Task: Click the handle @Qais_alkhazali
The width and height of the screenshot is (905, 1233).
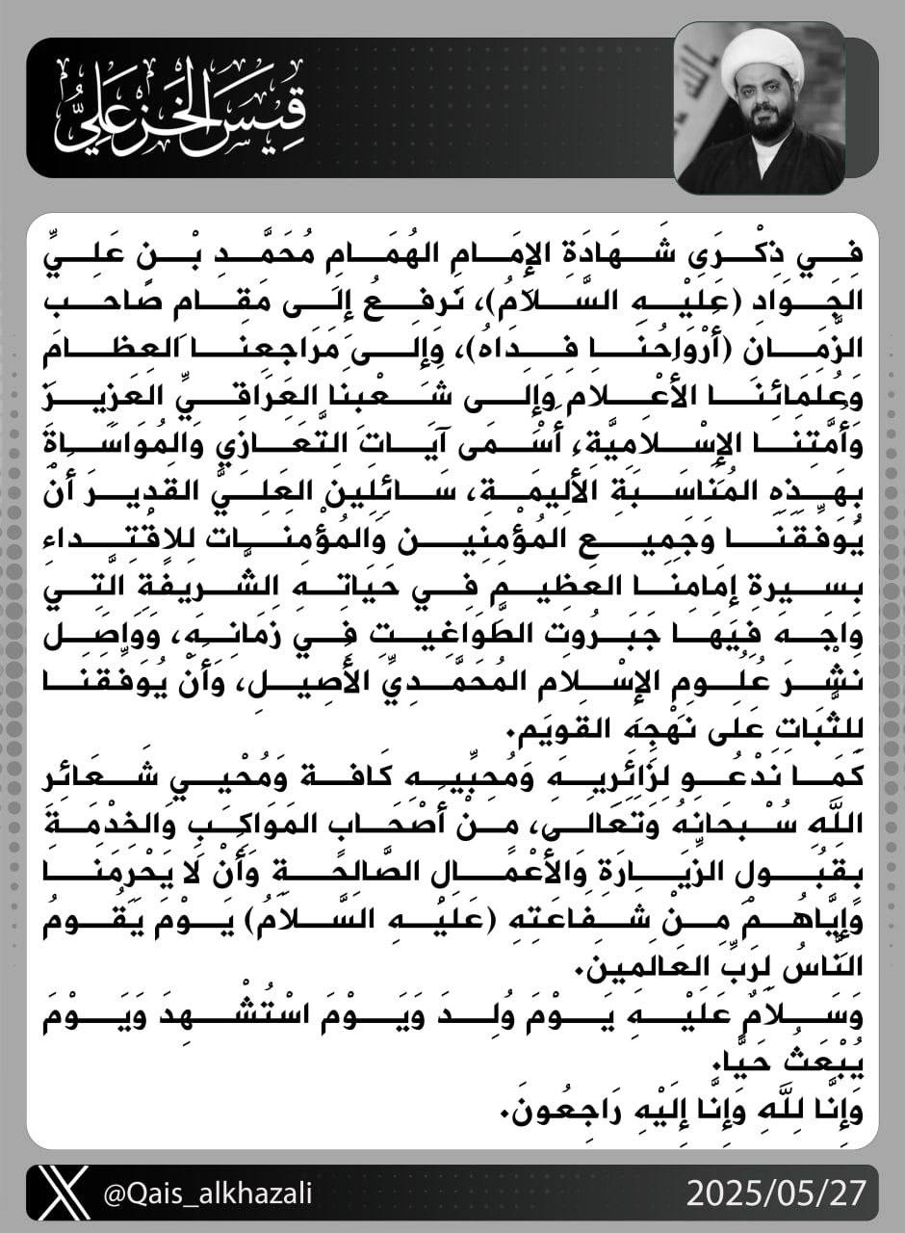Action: click(x=207, y=1195)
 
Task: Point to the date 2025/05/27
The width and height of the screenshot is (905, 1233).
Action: click(x=775, y=1194)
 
